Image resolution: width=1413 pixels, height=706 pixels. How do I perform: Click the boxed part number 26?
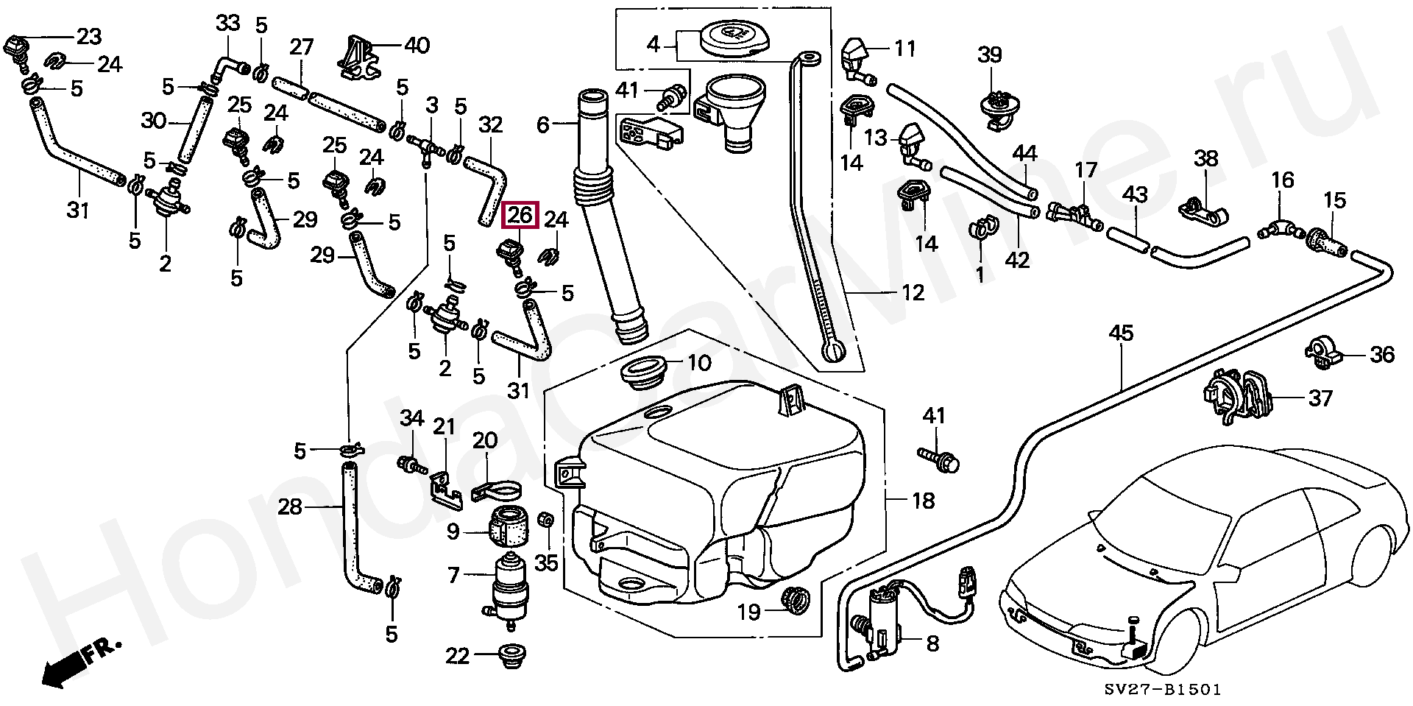pyautogui.click(x=520, y=216)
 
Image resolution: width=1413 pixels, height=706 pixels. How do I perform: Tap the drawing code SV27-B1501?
pyautogui.click(x=1162, y=690)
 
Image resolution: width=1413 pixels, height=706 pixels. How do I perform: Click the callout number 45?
pyautogui.click(x=1122, y=333)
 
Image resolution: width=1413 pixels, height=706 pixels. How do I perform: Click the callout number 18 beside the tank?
pyautogui.click(x=923, y=501)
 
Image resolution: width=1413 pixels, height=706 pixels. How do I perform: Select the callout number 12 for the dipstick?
pyautogui.click(x=913, y=293)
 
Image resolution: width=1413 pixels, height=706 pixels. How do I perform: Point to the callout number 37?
pyautogui.click(x=1320, y=398)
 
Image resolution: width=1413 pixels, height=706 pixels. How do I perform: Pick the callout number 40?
pyautogui.click(x=417, y=45)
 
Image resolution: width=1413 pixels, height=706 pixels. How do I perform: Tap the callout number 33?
pyautogui.click(x=227, y=23)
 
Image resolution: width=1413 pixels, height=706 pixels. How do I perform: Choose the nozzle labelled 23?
pyautogui.click(x=15, y=46)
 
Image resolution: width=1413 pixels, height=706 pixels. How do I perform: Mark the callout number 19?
pyautogui.click(x=748, y=612)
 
